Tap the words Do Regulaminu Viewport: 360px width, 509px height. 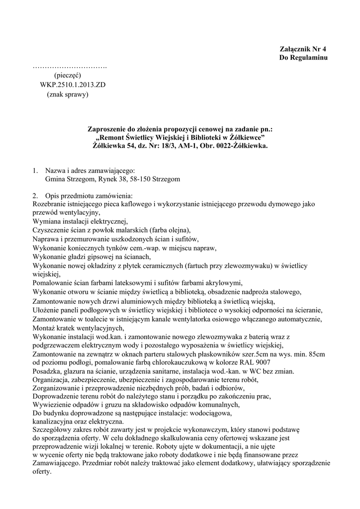303,58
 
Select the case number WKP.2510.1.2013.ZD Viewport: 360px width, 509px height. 73,85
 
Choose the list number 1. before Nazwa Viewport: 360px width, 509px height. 35,170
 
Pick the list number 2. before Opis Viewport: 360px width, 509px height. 35,195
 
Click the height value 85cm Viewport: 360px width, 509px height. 315,354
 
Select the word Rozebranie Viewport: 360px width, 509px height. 50,204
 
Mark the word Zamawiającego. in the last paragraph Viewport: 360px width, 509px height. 56,463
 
